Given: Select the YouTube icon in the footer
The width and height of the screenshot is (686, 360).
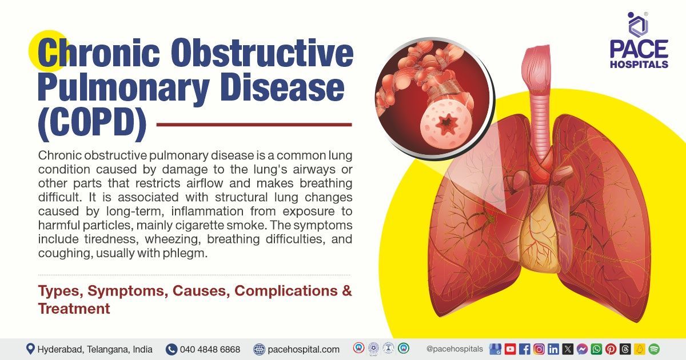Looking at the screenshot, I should point(510,349).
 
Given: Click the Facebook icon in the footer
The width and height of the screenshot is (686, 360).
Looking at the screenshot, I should point(524,349).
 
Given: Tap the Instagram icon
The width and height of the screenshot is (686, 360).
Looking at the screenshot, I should point(539,349).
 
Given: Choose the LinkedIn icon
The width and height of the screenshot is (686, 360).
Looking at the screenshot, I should point(553,349).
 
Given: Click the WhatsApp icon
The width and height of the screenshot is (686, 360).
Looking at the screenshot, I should point(596,349).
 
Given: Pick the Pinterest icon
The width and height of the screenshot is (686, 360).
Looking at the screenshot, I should point(611,349).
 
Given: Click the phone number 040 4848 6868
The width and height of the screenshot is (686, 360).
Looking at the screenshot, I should point(210,349).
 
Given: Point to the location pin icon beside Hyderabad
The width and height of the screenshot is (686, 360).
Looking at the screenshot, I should point(30,349).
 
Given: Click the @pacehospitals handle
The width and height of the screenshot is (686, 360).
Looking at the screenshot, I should point(454,349).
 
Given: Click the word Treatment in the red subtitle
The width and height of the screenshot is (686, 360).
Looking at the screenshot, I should point(74,309).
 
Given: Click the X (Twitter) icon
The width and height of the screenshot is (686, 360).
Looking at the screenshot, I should point(568,349).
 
